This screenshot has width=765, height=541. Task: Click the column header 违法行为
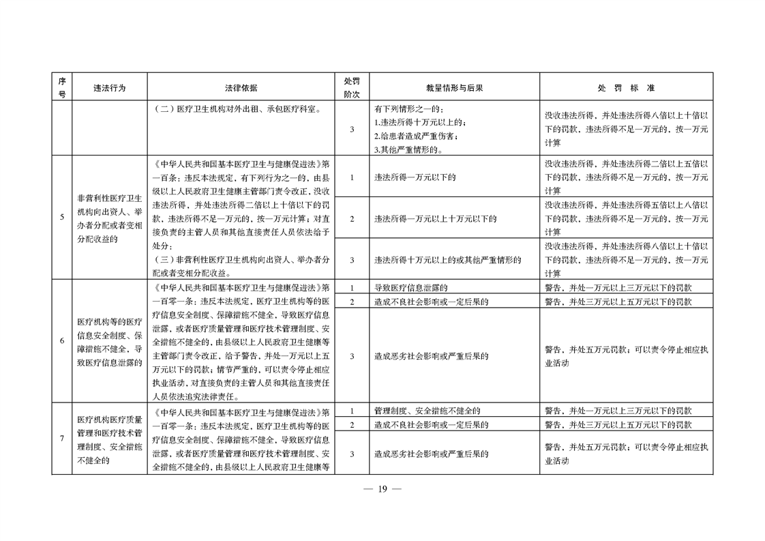tap(110, 88)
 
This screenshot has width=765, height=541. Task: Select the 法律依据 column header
tap(241, 88)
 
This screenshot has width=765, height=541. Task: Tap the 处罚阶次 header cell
tap(352, 88)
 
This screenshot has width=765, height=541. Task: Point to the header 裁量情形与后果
tap(454, 88)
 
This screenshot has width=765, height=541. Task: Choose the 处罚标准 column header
tap(626, 88)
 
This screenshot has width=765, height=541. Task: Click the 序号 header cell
tap(61, 88)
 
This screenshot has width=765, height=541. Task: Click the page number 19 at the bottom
tap(382, 488)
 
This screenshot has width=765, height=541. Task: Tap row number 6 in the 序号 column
tap(61, 340)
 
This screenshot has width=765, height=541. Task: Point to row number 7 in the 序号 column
tap(61, 438)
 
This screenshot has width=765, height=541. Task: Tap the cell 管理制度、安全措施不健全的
tap(427, 411)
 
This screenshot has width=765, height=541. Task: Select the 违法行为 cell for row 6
tap(110, 342)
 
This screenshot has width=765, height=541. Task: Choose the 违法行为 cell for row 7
tap(110, 439)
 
